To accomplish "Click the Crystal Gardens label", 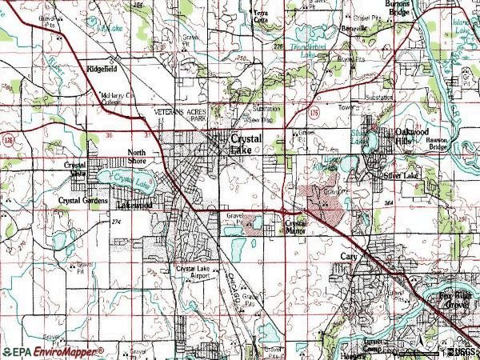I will coord(82,200).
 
